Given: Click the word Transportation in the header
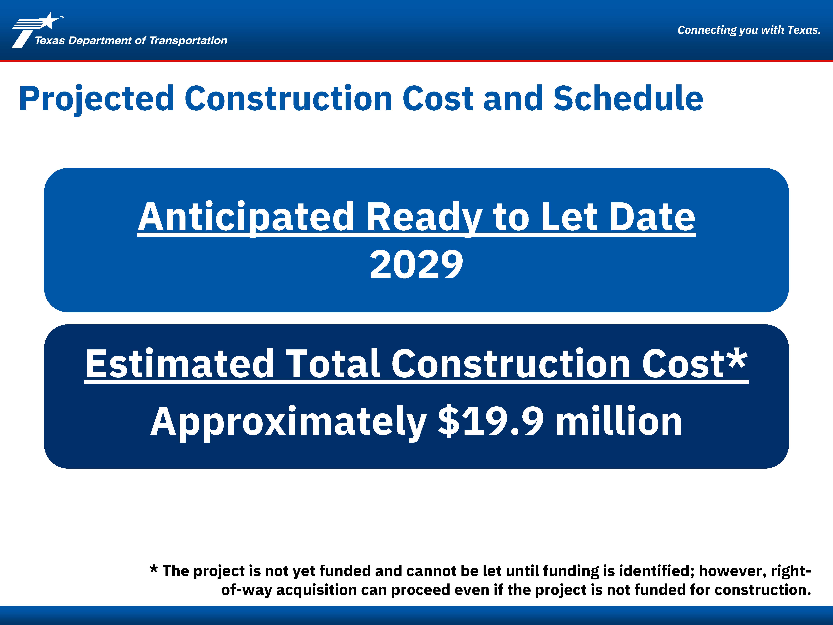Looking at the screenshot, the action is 188,40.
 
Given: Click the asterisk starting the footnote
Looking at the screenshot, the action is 154,569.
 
